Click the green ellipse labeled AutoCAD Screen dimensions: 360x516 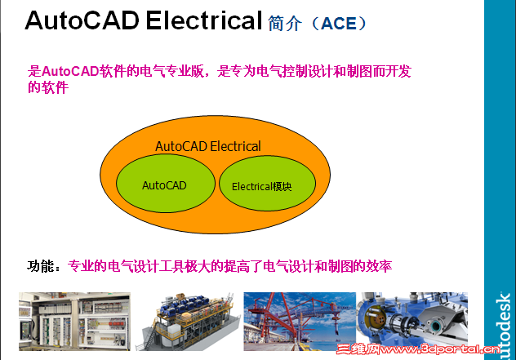pos(164,185)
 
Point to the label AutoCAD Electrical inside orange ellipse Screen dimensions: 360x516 pos(208,147)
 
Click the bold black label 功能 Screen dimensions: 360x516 pos(42,266)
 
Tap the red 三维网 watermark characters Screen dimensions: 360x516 pos(376,352)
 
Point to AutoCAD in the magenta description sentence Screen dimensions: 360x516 pos(69,72)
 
